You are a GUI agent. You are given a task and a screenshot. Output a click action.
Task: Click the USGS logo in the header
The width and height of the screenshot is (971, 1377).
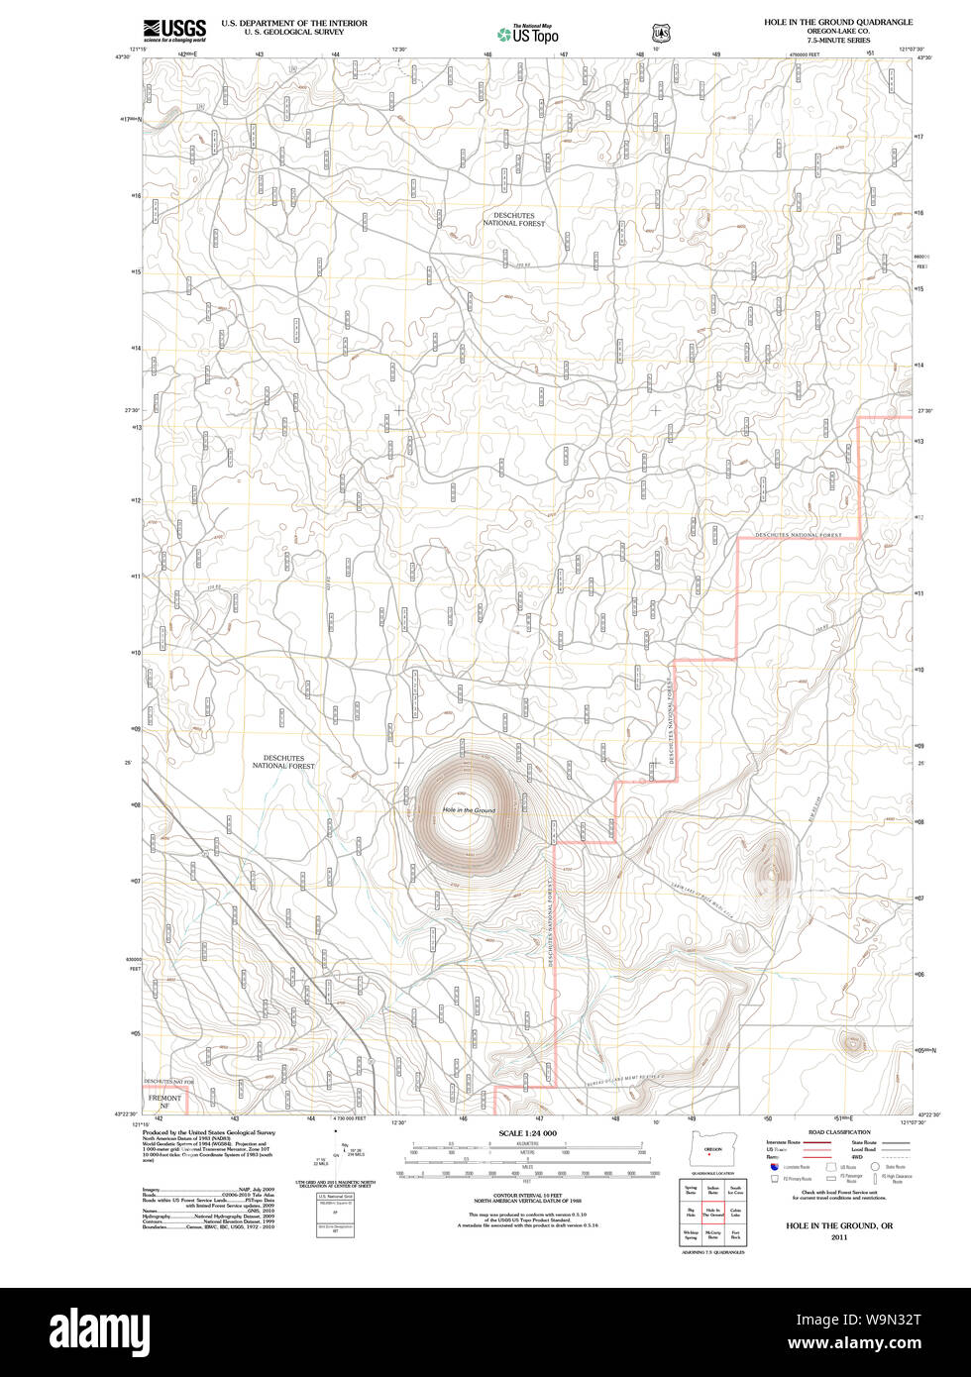pos(174,28)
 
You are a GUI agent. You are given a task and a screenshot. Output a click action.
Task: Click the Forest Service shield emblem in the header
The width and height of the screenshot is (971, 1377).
pos(661,34)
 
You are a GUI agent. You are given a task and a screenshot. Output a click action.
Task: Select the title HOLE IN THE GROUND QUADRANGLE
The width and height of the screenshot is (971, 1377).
pos(837,22)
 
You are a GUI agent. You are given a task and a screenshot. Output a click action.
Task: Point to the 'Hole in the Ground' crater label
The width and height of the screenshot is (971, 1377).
pos(469,810)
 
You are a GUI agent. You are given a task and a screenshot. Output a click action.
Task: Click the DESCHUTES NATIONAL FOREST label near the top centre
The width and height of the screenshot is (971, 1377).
pos(514,219)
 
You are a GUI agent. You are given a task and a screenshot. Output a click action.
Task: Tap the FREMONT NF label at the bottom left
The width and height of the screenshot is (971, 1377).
pos(164,1102)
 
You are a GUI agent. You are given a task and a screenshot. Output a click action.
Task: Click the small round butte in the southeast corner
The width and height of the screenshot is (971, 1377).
pos(851,1042)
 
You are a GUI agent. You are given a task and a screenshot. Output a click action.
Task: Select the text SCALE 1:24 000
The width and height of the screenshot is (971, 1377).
pos(527,1133)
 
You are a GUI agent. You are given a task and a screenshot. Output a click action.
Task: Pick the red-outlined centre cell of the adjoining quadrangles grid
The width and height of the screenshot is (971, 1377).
pos(711,1211)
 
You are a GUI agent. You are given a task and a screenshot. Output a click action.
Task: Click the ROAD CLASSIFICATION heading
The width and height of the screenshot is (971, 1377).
pos(838,1132)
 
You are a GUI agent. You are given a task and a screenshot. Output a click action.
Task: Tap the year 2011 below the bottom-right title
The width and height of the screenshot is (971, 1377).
pos(838,1237)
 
